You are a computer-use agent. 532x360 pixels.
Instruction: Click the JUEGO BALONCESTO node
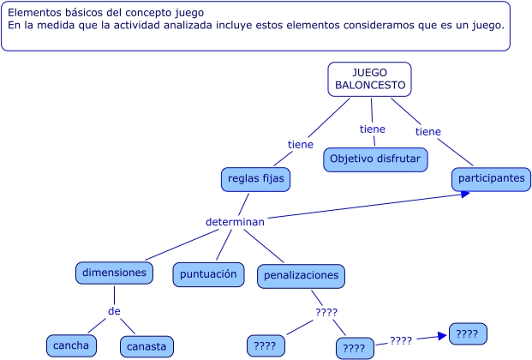point(369,79)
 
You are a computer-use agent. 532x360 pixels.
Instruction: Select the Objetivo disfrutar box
point(375,159)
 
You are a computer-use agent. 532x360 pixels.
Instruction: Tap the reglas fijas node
point(255,179)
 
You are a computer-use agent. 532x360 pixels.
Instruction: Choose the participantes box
point(491,178)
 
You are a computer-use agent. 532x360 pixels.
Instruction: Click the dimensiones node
point(115,273)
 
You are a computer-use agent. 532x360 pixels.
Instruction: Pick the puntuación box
point(207,274)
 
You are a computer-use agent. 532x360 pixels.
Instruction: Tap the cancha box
point(71,345)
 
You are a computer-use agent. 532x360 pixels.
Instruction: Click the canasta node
point(147,346)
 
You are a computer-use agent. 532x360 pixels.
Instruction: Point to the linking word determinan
point(235,221)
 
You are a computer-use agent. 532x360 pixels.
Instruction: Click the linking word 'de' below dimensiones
point(114,310)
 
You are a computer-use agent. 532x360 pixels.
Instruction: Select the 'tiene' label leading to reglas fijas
point(300,145)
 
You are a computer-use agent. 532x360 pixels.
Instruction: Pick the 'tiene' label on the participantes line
point(428,132)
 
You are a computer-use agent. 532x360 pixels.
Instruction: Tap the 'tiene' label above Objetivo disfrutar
point(373,129)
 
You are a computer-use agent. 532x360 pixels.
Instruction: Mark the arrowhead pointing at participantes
point(465,194)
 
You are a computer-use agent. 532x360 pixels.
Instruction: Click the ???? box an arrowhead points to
point(468,333)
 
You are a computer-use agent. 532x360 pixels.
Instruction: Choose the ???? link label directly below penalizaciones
point(326,312)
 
